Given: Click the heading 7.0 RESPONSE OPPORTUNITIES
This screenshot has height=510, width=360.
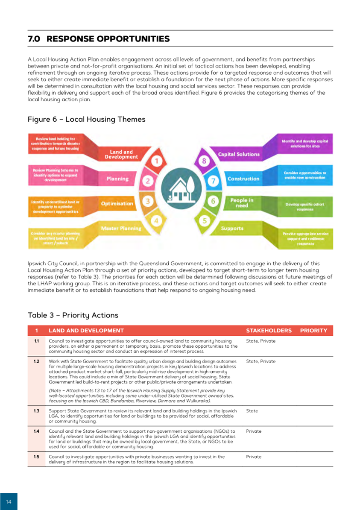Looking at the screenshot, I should (x=99, y=39).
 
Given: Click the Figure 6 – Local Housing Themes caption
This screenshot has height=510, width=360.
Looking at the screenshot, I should (x=86, y=120).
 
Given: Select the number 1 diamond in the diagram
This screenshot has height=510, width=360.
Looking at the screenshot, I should (x=157, y=161).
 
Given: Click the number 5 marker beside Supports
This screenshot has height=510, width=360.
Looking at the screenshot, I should (x=205, y=221).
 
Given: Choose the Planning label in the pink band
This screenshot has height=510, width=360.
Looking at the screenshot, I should (x=117, y=179).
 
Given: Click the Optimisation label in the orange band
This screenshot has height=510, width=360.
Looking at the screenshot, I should (x=117, y=204).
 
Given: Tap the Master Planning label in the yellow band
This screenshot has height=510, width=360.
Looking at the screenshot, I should (x=121, y=228).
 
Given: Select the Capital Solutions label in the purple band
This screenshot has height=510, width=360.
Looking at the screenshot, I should (x=239, y=154).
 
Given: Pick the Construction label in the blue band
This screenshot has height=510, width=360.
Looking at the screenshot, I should (x=243, y=179).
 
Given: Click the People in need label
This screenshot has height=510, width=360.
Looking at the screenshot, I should (x=242, y=203).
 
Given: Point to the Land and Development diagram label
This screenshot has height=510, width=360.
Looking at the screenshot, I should (x=121, y=155).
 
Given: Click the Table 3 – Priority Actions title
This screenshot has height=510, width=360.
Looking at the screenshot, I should (x=73, y=315).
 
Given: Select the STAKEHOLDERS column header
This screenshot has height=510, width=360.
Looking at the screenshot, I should (x=269, y=331).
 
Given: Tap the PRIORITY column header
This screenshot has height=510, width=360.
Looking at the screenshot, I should (x=313, y=331).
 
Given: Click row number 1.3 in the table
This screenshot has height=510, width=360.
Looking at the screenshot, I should (x=37, y=411).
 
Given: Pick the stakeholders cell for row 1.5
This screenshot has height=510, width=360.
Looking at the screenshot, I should (x=254, y=457).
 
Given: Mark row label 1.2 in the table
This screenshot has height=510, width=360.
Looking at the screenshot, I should (x=37, y=361).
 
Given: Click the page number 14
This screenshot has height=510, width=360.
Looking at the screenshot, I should (x=9, y=500).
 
